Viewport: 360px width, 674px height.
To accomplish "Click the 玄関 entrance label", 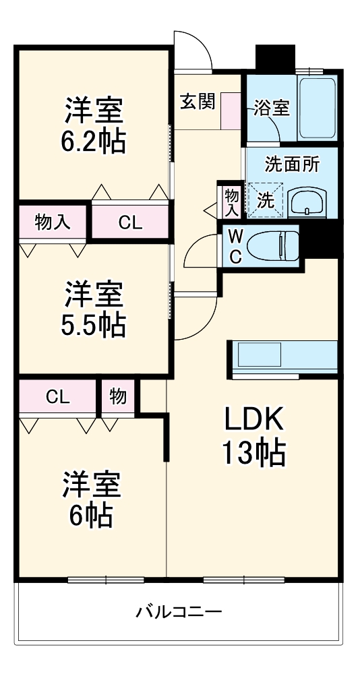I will (198, 102).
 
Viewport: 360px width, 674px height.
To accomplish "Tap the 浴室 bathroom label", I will (272, 108).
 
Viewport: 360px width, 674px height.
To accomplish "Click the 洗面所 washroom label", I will (292, 164).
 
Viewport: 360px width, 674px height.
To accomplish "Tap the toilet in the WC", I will (274, 245).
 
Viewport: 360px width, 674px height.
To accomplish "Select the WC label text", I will (235, 247).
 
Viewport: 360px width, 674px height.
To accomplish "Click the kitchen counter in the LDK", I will (284, 355).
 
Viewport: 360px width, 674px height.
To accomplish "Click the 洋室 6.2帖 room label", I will (94, 125).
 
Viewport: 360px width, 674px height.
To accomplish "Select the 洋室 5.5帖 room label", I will (94, 309).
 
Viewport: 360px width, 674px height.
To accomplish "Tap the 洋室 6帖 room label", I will (93, 499).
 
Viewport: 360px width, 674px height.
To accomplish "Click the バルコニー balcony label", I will (179, 612).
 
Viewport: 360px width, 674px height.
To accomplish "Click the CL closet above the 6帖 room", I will (58, 397).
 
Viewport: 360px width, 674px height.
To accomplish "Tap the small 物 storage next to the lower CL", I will (118, 397).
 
